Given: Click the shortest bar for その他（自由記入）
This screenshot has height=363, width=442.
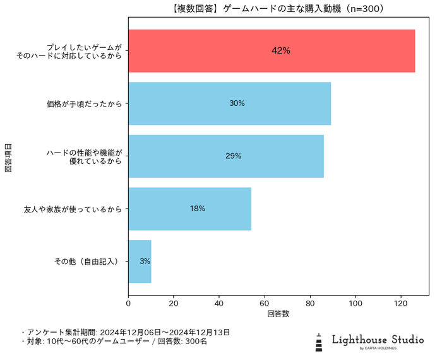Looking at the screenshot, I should pos(140,261).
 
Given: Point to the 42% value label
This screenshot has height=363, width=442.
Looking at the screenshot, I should pos(281,50).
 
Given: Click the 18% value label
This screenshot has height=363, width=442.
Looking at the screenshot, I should pos(198,209).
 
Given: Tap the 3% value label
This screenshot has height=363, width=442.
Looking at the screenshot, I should pos(145,261).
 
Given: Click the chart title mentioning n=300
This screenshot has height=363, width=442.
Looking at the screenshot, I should pos(278,9).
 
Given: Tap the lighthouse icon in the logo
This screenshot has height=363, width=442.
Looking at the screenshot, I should pos(320,341).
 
